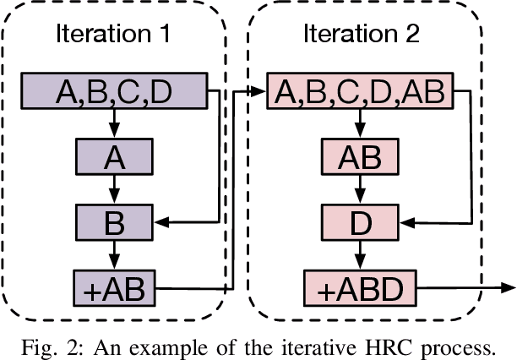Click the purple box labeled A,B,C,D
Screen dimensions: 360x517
[x=114, y=91]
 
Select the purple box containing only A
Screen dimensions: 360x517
[x=114, y=156]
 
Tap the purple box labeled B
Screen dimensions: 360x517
[x=114, y=222]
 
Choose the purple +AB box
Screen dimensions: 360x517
[x=114, y=287]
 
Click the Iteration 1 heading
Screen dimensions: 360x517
[x=114, y=35]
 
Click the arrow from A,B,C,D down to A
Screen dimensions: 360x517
[x=114, y=123]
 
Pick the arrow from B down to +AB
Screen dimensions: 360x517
[x=114, y=255]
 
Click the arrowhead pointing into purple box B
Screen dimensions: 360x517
[x=162, y=222]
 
